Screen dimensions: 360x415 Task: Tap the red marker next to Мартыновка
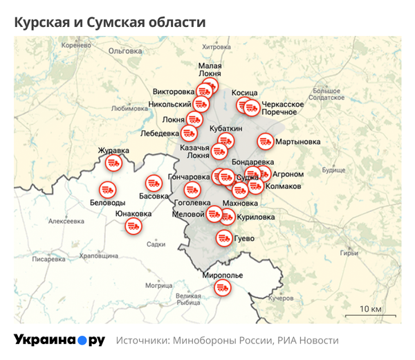pos(265,141)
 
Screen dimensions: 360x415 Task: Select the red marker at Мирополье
pos(222,287)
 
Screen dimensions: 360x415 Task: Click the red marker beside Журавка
pos(114,163)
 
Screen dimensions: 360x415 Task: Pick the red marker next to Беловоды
pos(107,188)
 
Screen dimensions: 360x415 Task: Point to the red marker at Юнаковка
pos(133,226)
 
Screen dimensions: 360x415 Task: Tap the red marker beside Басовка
pos(154,183)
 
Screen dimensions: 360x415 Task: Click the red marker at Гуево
pos(223,238)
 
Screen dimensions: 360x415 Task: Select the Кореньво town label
pos(76,46)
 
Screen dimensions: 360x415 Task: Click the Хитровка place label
pos(214,47)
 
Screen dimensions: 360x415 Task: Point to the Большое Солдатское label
pos(326,94)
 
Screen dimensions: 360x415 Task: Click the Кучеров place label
pos(281,298)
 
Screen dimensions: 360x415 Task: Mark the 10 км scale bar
pos(369,312)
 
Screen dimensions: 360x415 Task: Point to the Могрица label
pos(158,285)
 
